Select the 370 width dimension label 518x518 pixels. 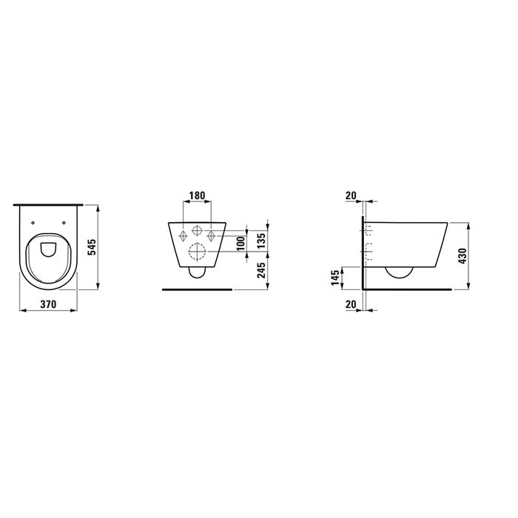[x=49, y=303]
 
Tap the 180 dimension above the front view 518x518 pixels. [x=197, y=195]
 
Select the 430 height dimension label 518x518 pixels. [x=463, y=256]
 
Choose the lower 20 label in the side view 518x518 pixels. [x=351, y=303]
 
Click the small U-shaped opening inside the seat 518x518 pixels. [x=50, y=248]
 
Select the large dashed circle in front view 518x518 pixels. [x=198, y=252]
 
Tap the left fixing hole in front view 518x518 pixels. [x=182, y=235]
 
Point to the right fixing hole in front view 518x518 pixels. [x=212, y=235]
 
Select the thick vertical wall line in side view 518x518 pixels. [x=362, y=252]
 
